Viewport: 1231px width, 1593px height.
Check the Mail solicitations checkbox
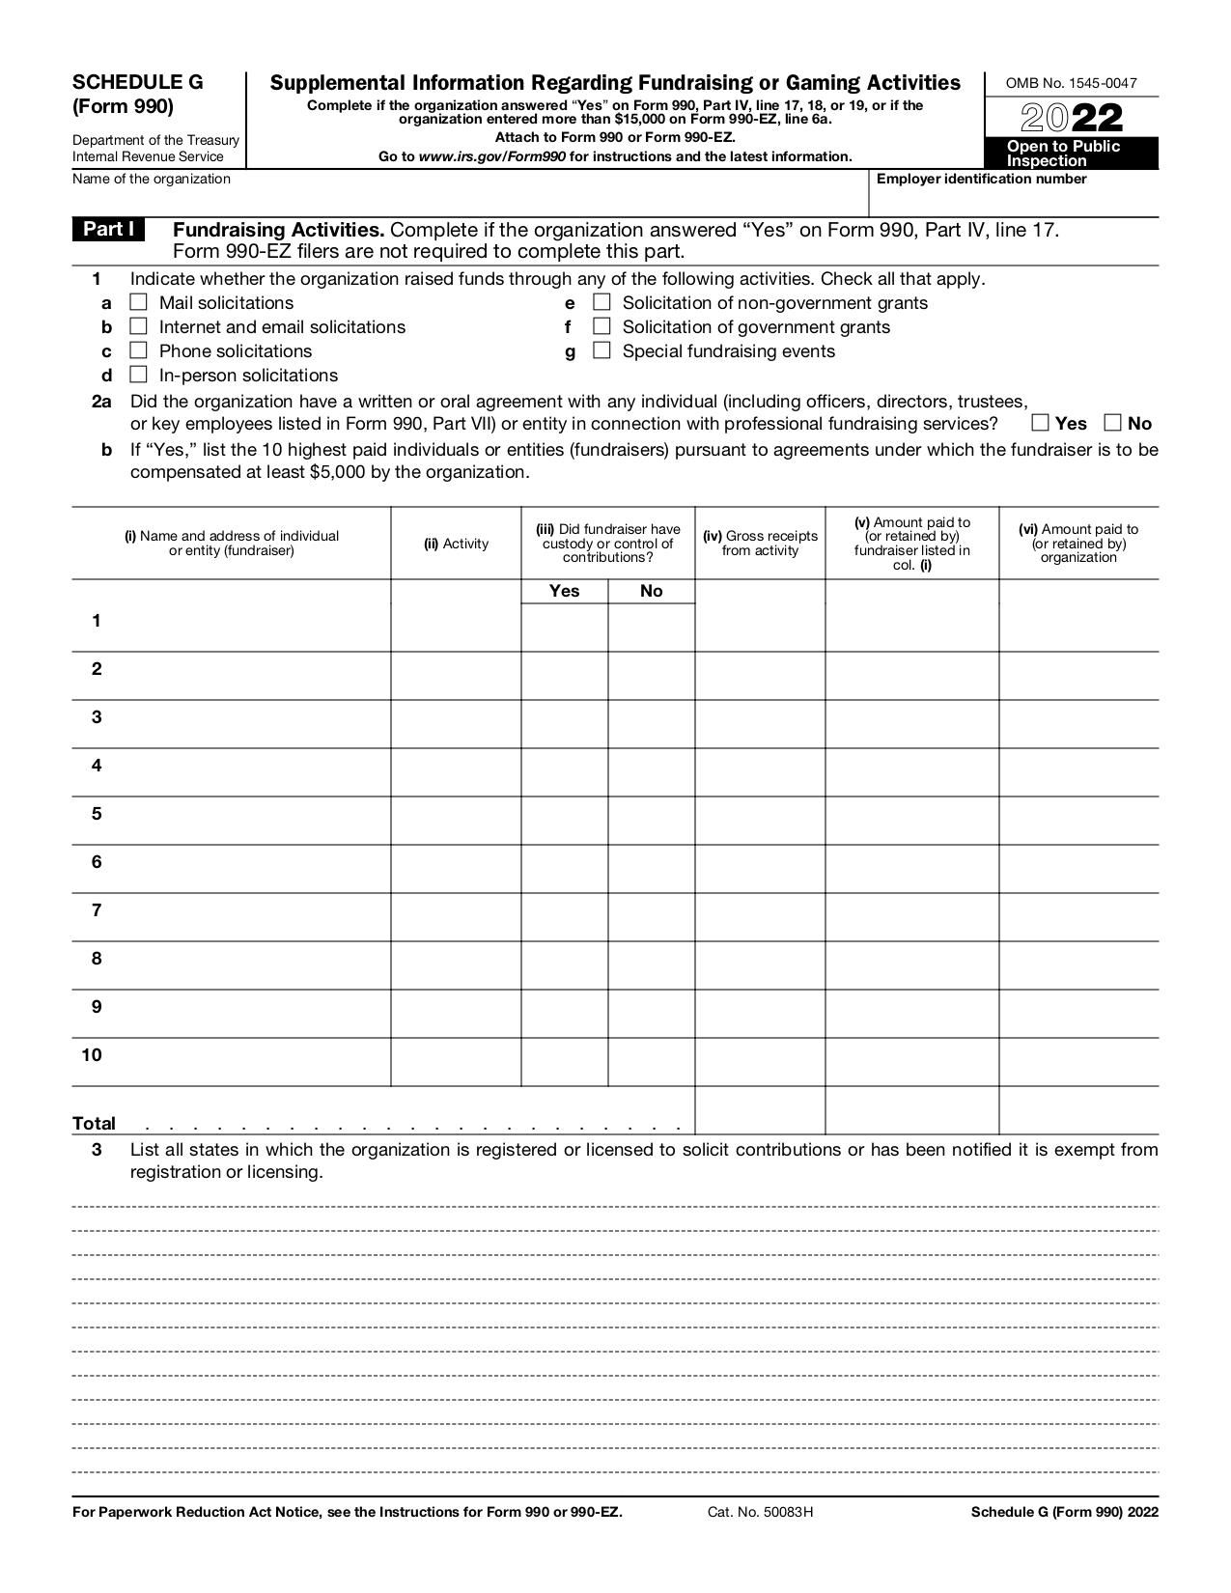tap(139, 303)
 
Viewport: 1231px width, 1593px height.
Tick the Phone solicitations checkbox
tap(139, 350)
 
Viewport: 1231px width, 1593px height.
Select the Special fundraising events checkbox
tap(602, 350)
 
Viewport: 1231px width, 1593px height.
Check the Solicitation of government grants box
tap(602, 326)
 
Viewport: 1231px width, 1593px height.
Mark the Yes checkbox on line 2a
tap(1040, 423)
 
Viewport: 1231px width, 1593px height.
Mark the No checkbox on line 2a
tap(1113, 423)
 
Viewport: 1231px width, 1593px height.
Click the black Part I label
tap(108, 230)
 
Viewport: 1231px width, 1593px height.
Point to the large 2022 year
tap(1071, 119)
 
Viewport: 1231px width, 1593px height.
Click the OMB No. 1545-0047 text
tap(1071, 83)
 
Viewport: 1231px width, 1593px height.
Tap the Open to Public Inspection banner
tap(1071, 154)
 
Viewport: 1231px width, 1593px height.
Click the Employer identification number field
tap(1014, 198)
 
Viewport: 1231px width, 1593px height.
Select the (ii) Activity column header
tap(456, 544)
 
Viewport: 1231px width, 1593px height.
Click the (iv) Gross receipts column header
tap(760, 544)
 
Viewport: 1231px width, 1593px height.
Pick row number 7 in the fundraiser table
tap(97, 910)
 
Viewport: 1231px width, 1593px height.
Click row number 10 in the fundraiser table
tap(92, 1055)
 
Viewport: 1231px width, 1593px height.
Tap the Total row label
tap(95, 1124)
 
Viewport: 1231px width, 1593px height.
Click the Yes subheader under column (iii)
tap(564, 591)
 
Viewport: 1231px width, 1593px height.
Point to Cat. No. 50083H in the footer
tap(760, 1513)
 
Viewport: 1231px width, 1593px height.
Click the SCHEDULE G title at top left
tap(138, 83)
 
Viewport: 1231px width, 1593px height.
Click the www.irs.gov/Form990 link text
tap(492, 156)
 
